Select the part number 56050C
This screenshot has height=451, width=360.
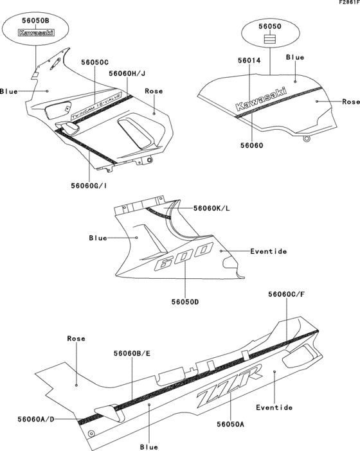pos(94,62)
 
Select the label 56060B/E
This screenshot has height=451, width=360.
pos(132,353)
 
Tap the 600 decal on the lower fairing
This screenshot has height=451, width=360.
pos(184,256)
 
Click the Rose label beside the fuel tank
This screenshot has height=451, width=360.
pos(350,102)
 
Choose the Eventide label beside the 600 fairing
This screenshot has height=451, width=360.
pos(269,251)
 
